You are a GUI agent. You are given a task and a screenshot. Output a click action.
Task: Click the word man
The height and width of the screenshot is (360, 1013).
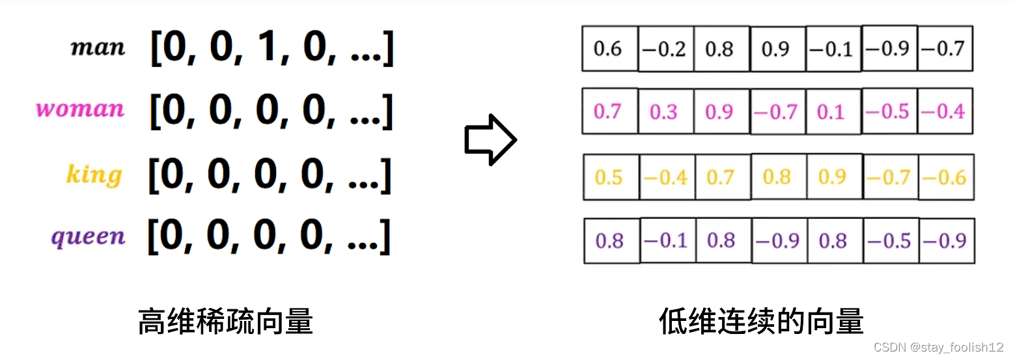pyautogui.click(x=98, y=48)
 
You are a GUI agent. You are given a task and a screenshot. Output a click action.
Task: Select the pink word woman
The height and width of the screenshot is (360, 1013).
pyautogui.click(x=79, y=108)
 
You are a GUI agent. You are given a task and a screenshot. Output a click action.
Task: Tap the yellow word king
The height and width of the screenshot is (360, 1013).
pyautogui.click(x=94, y=174)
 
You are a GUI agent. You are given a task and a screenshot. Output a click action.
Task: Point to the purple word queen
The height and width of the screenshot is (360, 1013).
pyautogui.click(x=88, y=237)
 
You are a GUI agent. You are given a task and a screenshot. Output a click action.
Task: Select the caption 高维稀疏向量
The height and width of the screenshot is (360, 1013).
pyautogui.click(x=225, y=322)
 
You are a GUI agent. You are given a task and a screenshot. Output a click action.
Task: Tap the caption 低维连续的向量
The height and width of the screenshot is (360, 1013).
pyautogui.click(x=761, y=322)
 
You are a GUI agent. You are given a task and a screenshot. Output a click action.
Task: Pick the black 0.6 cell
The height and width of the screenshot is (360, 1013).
pyautogui.click(x=609, y=49)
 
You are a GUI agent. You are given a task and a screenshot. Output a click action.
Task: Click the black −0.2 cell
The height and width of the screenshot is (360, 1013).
pyautogui.click(x=665, y=49)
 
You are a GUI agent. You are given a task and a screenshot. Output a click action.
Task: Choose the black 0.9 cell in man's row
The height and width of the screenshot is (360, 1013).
pyautogui.click(x=777, y=49)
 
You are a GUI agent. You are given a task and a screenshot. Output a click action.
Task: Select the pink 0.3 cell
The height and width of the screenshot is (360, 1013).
pyautogui.click(x=664, y=112)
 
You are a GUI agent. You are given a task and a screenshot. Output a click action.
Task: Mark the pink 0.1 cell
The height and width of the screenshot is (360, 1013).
pyautogui.click(x=831, y=112)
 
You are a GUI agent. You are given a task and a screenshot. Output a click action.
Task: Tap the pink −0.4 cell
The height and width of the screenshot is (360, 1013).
pyautogui.click(x=943, y=112)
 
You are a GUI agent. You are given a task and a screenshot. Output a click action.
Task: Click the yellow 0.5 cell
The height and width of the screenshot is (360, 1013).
pyautogui.click(x=609, y=177)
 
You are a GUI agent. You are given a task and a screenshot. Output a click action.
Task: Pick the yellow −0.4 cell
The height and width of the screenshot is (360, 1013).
pyautogui.click(x=665, y=177)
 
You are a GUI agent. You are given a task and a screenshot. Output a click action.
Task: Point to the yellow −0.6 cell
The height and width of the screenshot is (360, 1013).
pyautogui.click(x=945, y=177)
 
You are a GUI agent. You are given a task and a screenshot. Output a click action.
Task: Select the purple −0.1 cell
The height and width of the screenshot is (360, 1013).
pyautogui.click(x=666, y=241)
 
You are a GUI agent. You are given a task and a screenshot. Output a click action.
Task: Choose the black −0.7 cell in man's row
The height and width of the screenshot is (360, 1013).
pyautogui.click(x=943, y=49)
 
